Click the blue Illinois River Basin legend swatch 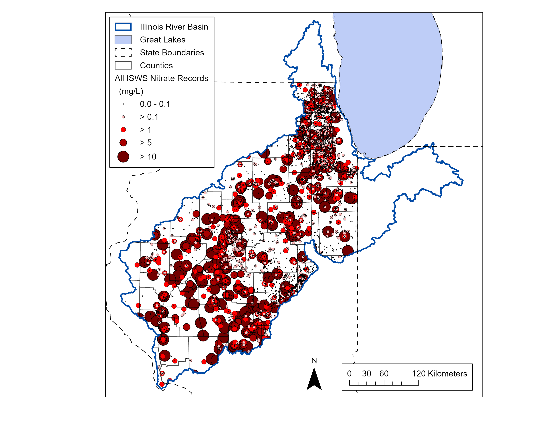click(x=123, y=27)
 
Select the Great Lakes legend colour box click(x=123, y=40)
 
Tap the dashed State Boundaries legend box click(x=123, y=53)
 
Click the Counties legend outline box click(x=123, y=65)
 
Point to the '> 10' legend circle click(x=123, y=157)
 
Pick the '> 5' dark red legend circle click(x=123, y=142)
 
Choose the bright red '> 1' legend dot click(x=123, y=130)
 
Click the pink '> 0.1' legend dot click(x=123, y=117)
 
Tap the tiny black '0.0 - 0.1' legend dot click(x=123, y=104)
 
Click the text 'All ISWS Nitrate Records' click(x=161, y=78)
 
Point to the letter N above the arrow click(x=314, y=360)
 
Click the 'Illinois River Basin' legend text click(x=174, y=27)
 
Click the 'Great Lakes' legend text click(x=163, y=40)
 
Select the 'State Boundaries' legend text click(x=172, y=53)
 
